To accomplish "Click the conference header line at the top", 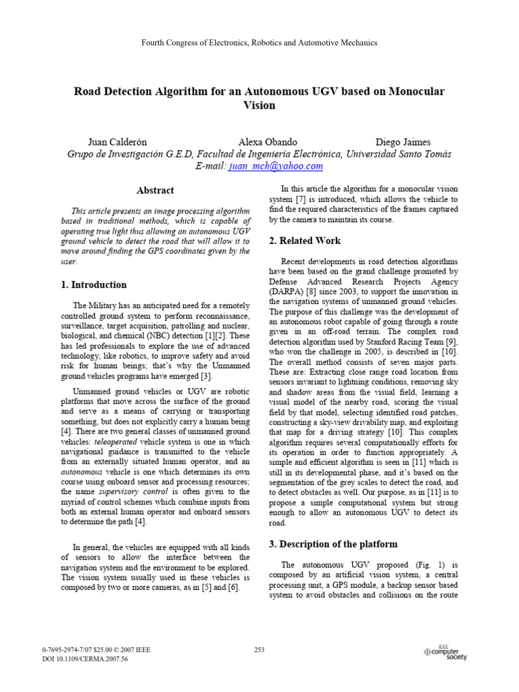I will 259,43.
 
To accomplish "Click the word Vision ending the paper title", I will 259,105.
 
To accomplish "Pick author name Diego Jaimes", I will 403,142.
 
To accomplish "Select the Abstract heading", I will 155,191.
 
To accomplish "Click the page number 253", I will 259,650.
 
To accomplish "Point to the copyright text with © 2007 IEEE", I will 97,650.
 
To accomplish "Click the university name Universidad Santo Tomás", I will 398,154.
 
